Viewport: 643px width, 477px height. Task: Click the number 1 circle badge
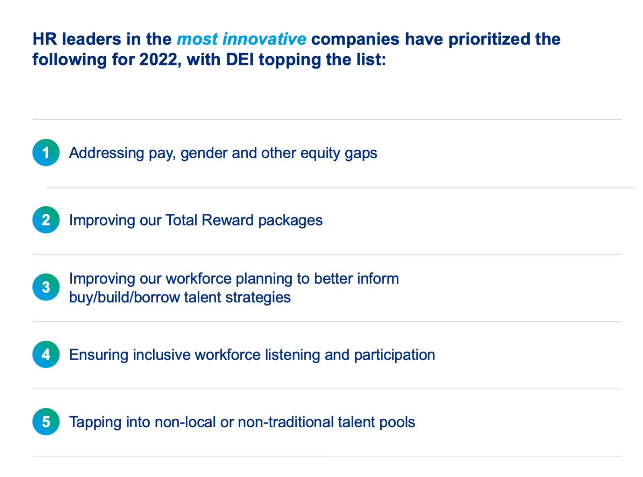coord(46,152)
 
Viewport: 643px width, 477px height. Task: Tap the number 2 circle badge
coord(46,219)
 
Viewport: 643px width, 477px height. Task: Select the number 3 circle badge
coord(46,287)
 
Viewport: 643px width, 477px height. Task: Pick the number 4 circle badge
coord(46,354)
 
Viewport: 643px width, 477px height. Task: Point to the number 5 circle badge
coord(46,421)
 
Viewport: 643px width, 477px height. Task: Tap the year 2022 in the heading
coord(158,59)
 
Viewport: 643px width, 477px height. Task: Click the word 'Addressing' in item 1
coord(106,153)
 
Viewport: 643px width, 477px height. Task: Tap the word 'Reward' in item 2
coord(227,220)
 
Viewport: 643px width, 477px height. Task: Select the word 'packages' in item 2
coord(290,221)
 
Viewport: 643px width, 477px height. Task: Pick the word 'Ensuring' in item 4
coord(98,355)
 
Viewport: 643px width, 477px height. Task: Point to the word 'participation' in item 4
coord(394,355)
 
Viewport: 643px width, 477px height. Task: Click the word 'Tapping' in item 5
coord(95,422)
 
